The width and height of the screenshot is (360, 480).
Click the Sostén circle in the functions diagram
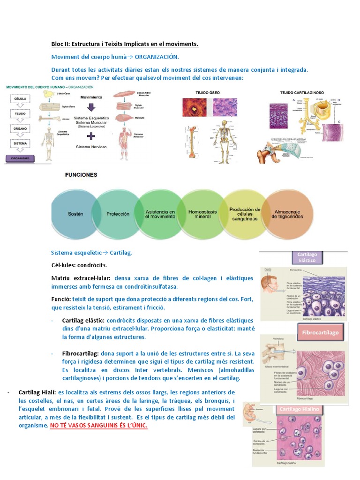tap(75, 214)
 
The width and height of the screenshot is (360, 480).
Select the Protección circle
tap(118, 214)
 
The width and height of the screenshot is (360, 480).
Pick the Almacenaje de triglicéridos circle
tap(287, 214)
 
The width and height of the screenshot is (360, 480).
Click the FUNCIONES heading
tap(81, 175)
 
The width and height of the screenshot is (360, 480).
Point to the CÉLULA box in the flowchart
tap(20, 99)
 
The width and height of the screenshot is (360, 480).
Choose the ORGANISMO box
tap(20, 159)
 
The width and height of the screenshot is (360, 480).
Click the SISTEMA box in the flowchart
tap(20, 142)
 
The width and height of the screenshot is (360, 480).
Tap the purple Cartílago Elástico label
tap(307, 257)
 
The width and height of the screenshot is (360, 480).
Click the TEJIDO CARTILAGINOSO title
tap(302, 92)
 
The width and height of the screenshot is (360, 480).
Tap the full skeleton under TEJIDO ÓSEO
tap(224, 141)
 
